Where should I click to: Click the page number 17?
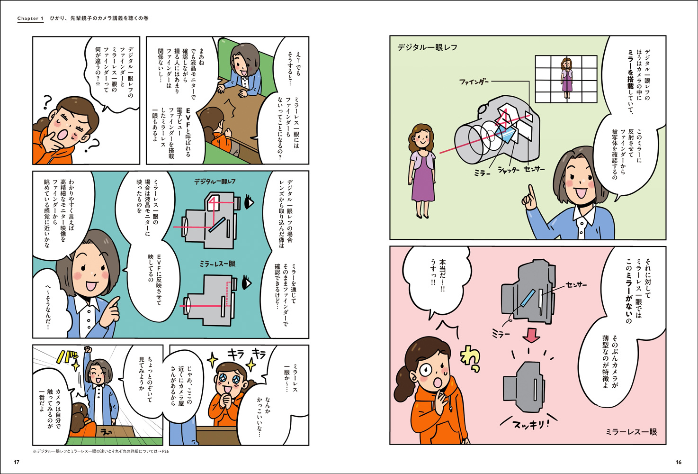coord(17,462)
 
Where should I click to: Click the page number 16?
coord(679,462)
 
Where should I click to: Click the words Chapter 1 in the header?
coord(30,18)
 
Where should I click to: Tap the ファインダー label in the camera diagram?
coord(474,82)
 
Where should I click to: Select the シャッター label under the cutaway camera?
coord(509,170)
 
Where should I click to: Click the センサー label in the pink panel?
coord(576,285)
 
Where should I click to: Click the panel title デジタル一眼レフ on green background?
coord(427,47)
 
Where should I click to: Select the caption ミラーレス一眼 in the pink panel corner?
coord(631,432)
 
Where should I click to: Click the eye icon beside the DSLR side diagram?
coord(249,202)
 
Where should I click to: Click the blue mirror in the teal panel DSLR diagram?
coord(216,225)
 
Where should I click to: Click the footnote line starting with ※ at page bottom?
coord(101,451)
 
